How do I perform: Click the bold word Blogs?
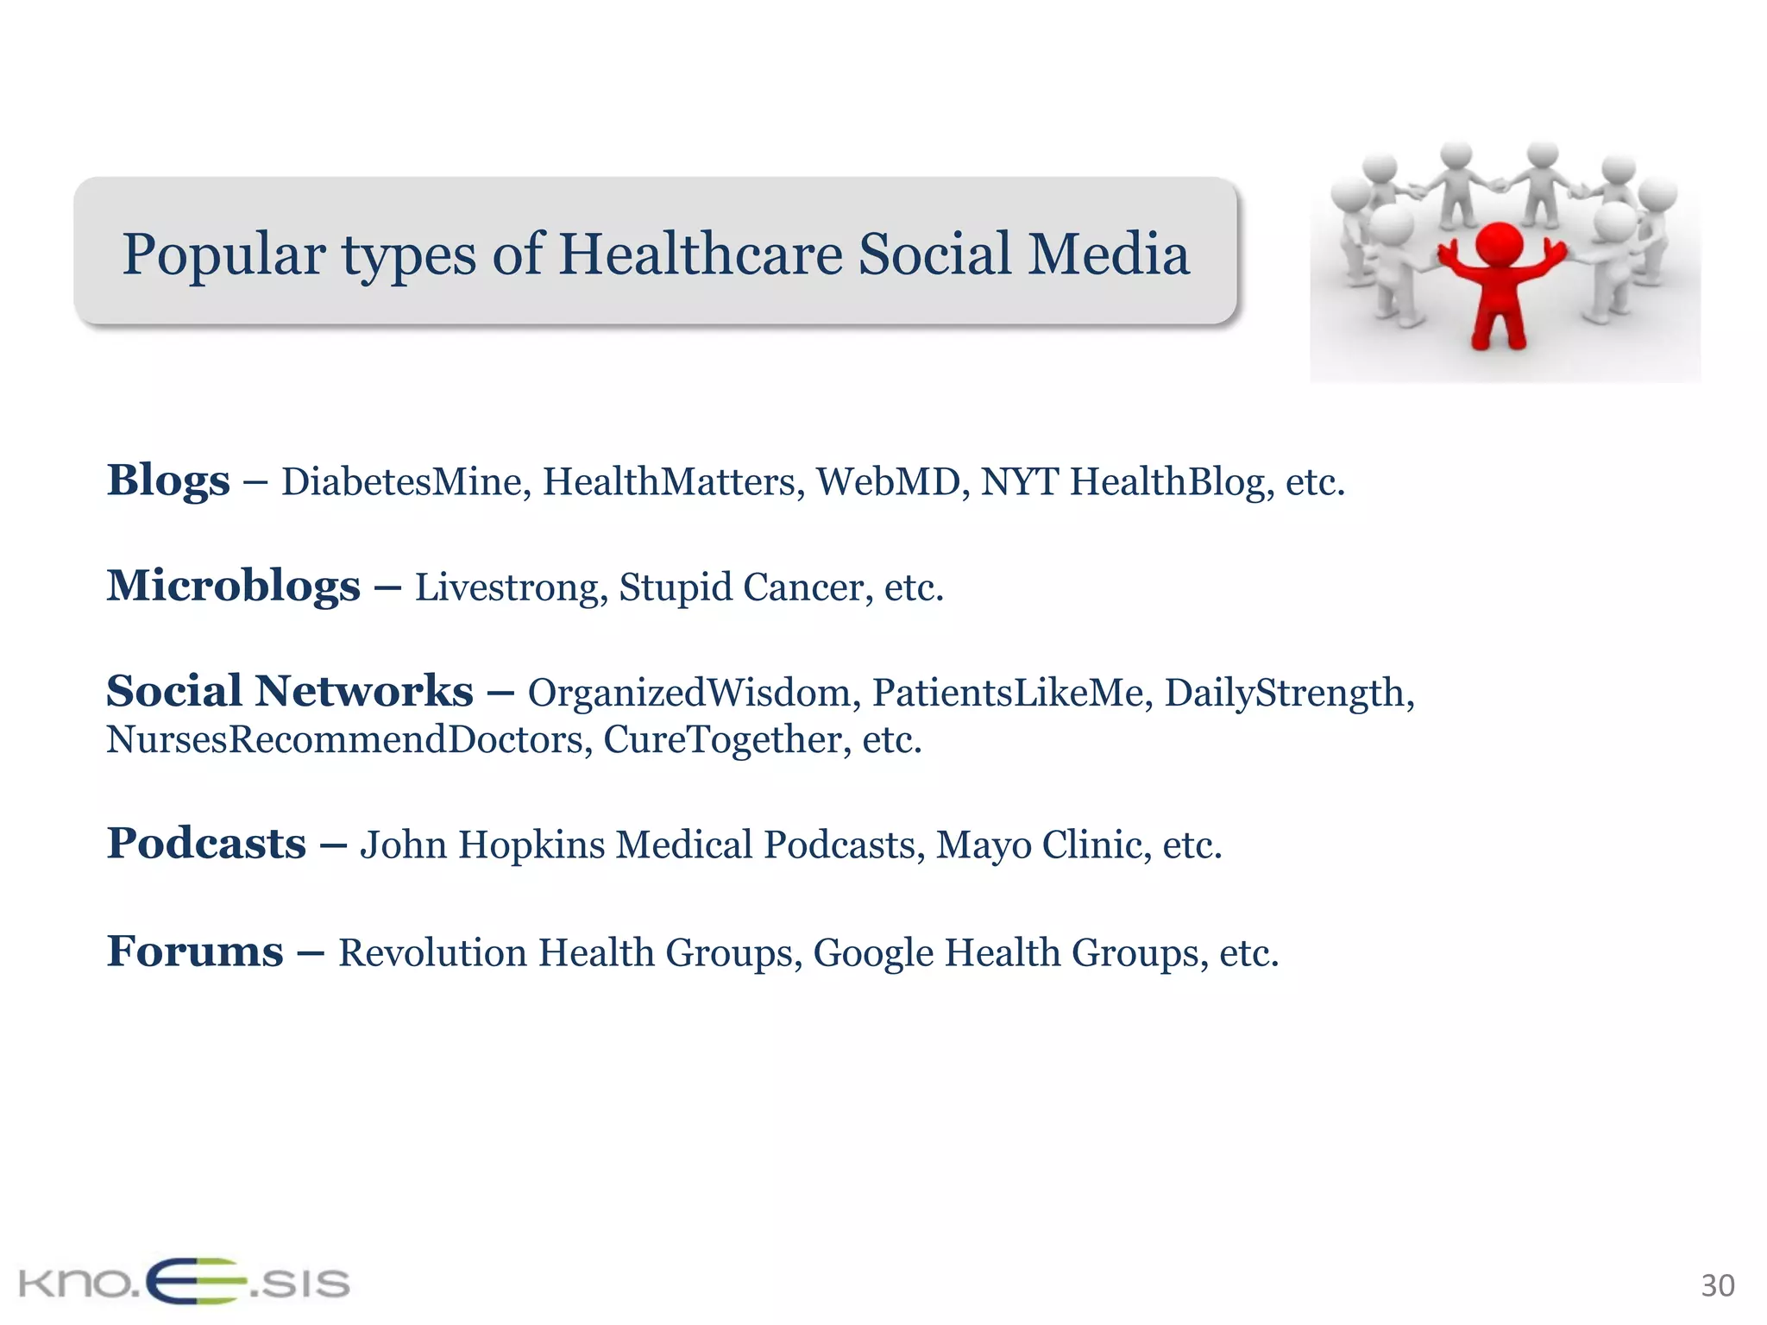(168, 480)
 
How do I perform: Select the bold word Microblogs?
(233, 586)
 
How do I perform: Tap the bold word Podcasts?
(206, 843)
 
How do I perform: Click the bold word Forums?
(195, 951)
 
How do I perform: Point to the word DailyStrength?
(1288, 693)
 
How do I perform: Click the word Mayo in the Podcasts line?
(983, 845)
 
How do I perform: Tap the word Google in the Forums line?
(873, 953)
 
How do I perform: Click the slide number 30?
(1717, 1286)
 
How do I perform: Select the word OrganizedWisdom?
(689, 693)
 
